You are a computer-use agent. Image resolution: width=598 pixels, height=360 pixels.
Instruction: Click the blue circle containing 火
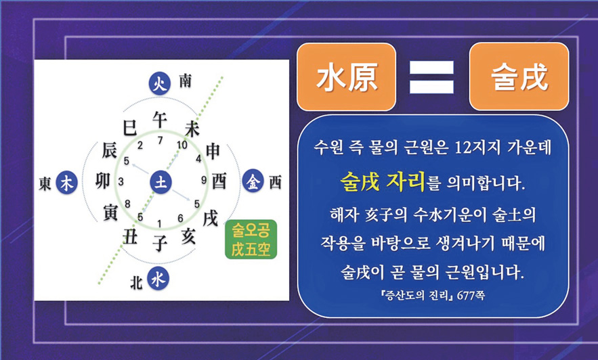click(x=159, y=84)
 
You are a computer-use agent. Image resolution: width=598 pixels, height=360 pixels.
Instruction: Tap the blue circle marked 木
click(x=67, y=183)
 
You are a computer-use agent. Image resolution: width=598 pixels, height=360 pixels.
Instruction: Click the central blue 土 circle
click(x=161, y=182)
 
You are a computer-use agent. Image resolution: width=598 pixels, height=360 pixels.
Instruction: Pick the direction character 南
click(x=186, y=81)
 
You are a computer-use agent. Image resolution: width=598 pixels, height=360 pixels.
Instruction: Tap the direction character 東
click(x=45, y=183)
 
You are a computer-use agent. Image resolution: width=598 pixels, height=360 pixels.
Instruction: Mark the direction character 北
click(x=136, y=283)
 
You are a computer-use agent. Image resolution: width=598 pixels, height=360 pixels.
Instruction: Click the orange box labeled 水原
click(x=346, y=77)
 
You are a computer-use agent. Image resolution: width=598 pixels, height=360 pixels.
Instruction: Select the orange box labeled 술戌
click(x=519, y=76)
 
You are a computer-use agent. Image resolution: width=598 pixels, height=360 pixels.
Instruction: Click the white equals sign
click(x=431, y=77)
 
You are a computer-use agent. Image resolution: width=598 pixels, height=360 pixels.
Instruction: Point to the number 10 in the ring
click(x=182, y=145)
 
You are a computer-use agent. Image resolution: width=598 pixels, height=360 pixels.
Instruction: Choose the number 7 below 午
click(x=161, y=141)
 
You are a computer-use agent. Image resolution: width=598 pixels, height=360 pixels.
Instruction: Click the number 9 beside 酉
click(x=204, y=180)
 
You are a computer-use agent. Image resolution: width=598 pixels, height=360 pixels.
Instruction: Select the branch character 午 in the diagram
click(x=160, y=119)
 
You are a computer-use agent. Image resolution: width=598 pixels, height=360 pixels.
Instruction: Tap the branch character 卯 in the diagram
click(x=103, y=181)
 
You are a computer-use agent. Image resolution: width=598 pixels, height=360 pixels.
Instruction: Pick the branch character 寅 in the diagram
click(x=110, y=211)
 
